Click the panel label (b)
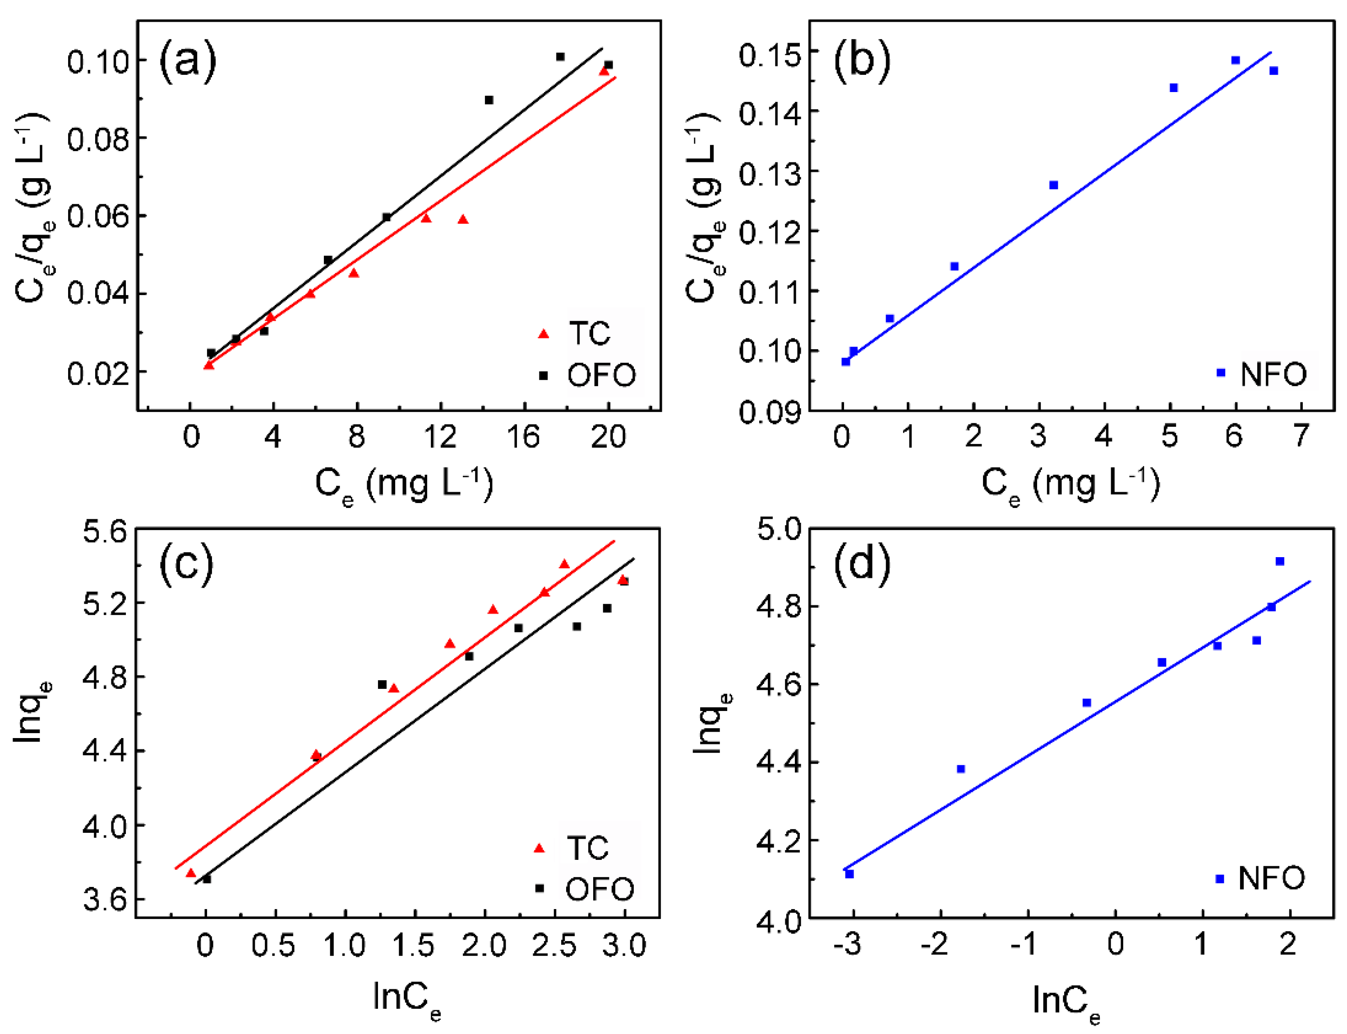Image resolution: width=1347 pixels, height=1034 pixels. pos(862,60)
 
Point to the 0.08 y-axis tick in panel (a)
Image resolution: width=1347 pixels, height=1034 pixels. pos(98,139)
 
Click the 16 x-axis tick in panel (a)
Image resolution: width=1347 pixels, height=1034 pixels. pos(523,436)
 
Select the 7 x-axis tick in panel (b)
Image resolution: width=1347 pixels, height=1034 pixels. pos(1300,436)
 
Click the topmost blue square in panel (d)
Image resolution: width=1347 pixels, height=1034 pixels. pos(1280,561)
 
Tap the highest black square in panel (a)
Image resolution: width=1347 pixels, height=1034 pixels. pos(560,57)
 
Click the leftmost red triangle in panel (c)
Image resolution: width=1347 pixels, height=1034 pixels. pos(191,873)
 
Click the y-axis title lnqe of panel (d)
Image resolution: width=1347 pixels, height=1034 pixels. pos(711,723)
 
